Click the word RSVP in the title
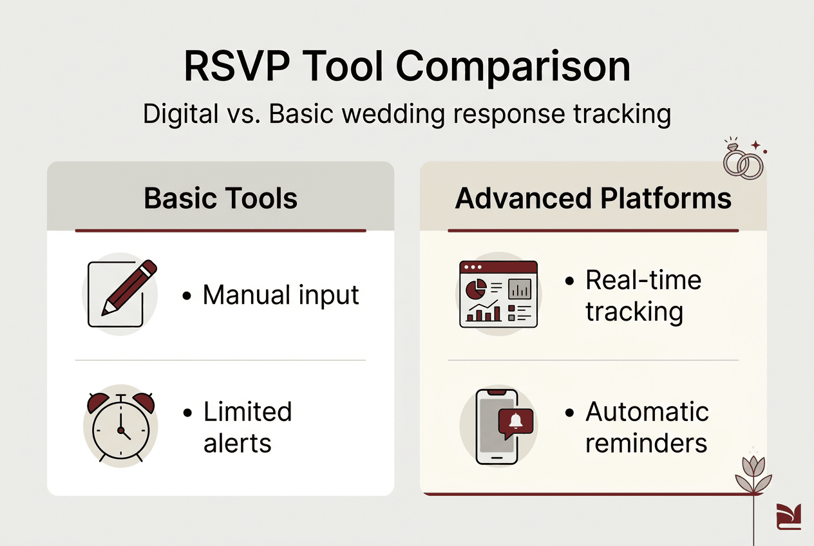237,67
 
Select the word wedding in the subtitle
393,115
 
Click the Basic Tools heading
221,198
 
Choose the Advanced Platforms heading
593,198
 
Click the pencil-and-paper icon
122,294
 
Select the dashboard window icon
498,294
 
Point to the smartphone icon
497,427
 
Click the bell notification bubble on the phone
516,422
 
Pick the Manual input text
281,295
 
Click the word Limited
247,411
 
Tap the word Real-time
643,280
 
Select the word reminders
646,444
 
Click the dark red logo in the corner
788,516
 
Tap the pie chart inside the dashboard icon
476,289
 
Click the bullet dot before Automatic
569,413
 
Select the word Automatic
647,411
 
